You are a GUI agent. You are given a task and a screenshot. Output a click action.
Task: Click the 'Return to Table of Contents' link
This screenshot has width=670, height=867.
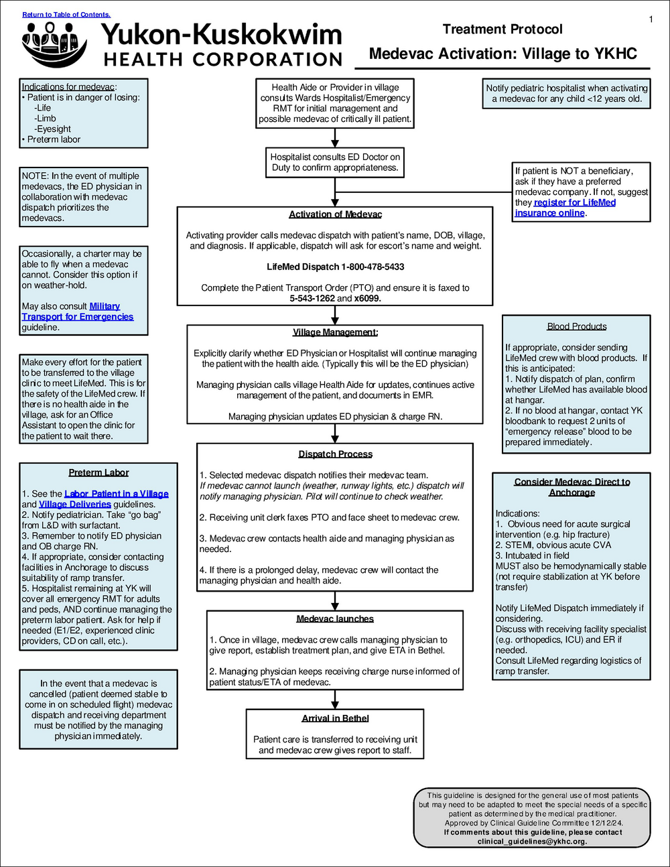[66, 15]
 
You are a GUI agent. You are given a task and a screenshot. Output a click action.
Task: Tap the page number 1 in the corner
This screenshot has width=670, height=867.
[651, 19]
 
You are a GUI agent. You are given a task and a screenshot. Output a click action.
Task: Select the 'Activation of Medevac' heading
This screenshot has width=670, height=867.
[335, 214]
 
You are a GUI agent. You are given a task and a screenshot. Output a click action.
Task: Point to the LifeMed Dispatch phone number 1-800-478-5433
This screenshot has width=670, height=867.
[372, 267]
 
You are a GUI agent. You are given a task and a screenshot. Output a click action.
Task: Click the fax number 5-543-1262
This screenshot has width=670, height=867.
[312, 298]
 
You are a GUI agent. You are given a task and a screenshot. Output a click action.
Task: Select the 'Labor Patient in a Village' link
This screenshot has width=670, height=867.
[117, 494]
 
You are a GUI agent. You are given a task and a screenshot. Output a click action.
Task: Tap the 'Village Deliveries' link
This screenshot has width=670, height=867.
[75, 504]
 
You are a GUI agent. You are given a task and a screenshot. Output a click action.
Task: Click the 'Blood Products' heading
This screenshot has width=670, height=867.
[576, 326]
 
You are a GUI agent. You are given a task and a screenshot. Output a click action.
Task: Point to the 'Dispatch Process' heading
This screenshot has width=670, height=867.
[335, 454]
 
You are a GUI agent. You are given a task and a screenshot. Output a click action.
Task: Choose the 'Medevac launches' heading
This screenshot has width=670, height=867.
[335, 619]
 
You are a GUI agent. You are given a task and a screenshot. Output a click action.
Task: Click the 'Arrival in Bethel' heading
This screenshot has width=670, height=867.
[335, 718]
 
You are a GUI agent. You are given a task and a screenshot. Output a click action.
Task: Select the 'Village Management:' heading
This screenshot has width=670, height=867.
[335, 332]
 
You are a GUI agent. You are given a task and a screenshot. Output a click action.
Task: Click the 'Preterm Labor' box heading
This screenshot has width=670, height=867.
[98, 472]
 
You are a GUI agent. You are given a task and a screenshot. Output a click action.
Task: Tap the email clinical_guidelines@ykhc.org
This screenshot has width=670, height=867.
[532, 842]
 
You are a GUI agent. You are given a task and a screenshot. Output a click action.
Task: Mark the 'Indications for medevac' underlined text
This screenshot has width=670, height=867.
[68, 86]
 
